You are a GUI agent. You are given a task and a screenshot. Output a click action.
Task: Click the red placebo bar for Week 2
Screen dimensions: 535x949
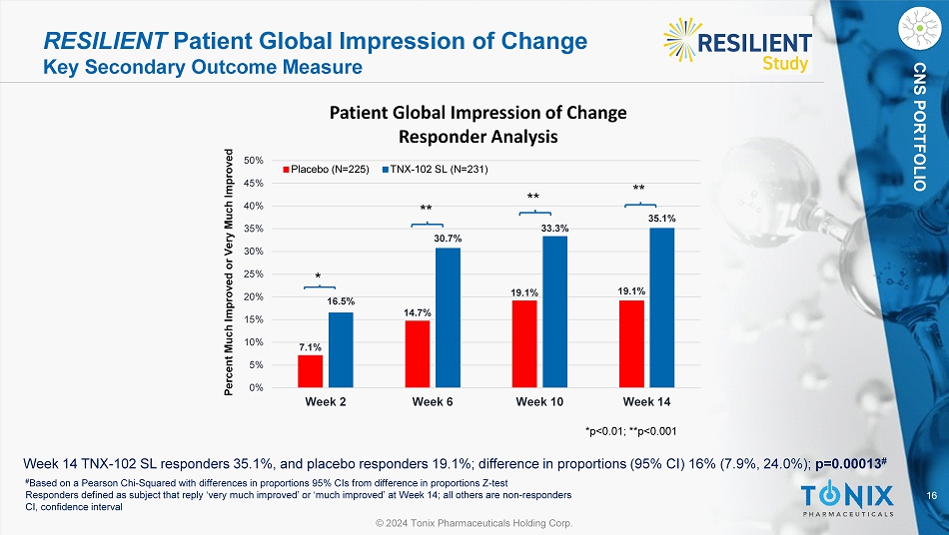[310, 371]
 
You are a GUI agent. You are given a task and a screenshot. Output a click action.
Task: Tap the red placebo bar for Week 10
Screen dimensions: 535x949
[524, 343]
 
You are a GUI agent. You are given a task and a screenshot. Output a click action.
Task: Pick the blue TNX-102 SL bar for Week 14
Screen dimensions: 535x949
[661, 307]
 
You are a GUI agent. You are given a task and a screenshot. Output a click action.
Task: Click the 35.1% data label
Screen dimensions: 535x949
[661, 217]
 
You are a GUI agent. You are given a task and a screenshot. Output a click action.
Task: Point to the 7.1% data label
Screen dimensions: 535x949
[310, 346]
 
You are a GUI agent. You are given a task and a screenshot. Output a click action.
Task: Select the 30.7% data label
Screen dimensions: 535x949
[448, 238]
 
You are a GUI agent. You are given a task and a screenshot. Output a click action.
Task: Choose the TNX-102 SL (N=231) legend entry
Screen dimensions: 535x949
[440, 169]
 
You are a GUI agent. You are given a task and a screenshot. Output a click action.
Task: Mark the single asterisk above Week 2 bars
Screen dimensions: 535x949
[318, 275]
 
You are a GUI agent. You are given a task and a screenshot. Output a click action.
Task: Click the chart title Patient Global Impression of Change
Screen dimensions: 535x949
[477, 112]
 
